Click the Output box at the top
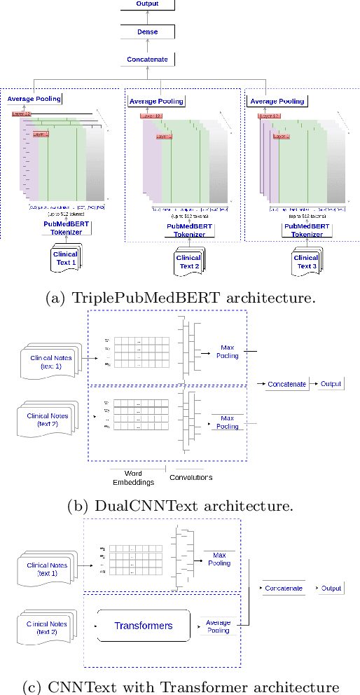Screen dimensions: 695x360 148,4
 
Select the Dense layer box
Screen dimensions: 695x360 148,32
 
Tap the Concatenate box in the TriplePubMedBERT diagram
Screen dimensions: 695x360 148,60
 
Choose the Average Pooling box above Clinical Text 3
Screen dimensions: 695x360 277,101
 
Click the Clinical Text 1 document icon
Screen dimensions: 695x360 65,259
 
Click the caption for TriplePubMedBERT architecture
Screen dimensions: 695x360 180,298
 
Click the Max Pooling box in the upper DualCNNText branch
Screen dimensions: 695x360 227,352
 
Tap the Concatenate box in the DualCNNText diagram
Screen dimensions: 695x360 286,384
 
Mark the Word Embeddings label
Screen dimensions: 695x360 132,478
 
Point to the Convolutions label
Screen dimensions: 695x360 191,478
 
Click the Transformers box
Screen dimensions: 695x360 144,624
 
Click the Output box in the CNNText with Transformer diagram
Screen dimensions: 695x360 331,589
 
